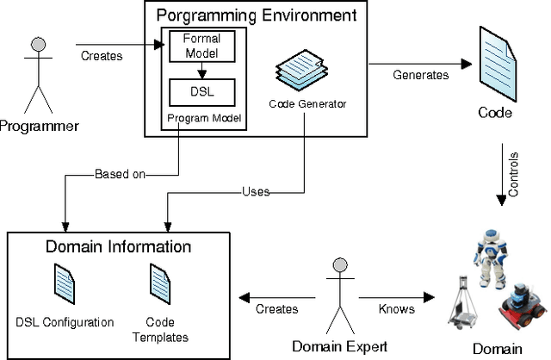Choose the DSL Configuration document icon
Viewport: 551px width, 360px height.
(x=65, y=286)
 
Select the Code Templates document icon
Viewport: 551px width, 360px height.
(x=160, y=286)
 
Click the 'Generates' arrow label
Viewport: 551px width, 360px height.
(x=421, y=74)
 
